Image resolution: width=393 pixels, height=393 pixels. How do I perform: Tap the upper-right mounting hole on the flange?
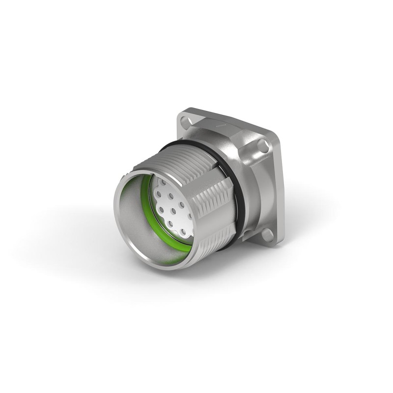tap(263, 144)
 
